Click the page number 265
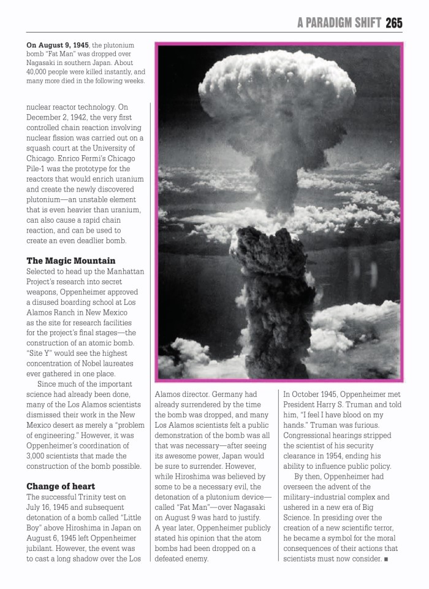pos(394,23)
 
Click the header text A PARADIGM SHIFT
pos(340,23)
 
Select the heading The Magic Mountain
pos(70,260)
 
